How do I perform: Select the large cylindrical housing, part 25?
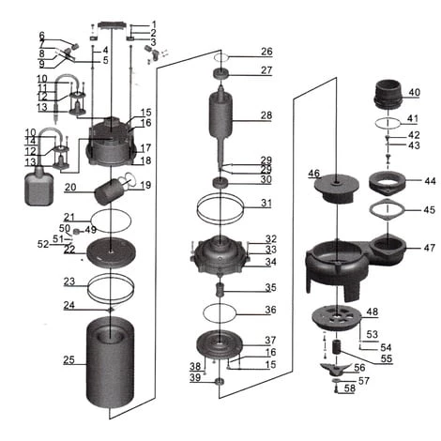111,361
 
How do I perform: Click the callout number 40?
415,92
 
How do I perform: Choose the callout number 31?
266,203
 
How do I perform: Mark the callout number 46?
313,173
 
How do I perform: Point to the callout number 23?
69,281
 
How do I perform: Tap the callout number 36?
269,310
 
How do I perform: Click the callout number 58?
349,388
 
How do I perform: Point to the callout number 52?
42,244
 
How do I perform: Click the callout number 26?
266,51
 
